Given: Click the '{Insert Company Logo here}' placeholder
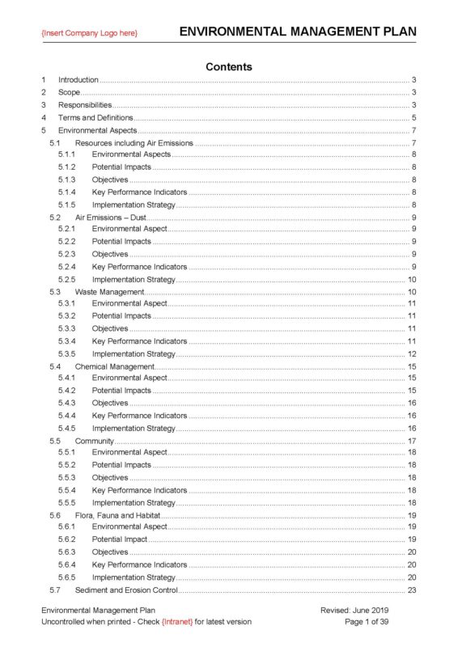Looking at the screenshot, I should (x=90, y=32).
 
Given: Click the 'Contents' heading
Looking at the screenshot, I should (x=229, y=66).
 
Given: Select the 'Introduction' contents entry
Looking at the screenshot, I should (x=78, y=80).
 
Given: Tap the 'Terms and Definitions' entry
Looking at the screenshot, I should (x=95, y=118).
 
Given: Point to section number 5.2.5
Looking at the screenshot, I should (x=67, y=279).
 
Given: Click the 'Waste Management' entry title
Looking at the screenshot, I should (x=109, y=291).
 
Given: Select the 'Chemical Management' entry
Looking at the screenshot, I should (x=115, y=366).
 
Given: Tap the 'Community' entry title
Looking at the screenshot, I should (x=95, y=441).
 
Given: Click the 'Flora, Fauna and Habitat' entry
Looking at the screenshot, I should (x=117, y=515).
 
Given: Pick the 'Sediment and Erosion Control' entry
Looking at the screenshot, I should (x=126, y=590).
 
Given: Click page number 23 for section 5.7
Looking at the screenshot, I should (x=411, y=590).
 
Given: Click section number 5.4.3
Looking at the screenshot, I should (x=67, y=403).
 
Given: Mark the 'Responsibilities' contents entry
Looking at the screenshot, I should (x=85, y=105).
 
